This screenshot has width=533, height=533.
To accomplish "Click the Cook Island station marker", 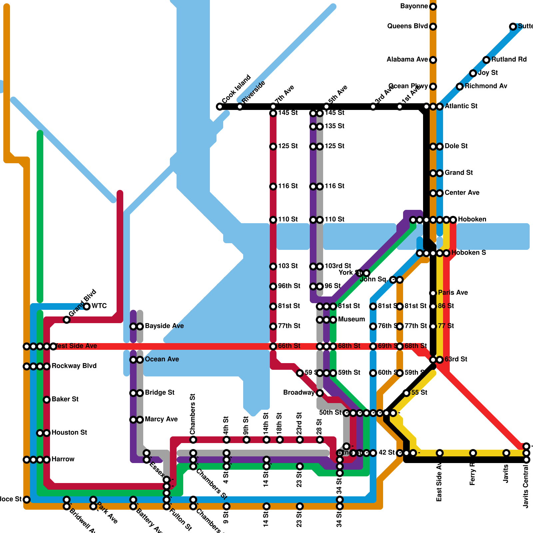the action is click(x=220, y=107).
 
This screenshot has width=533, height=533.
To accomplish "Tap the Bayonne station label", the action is click(x=414, y=6).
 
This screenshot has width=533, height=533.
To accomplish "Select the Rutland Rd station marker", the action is click(x=486, y=60).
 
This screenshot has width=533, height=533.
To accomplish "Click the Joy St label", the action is click(x=488, y=73).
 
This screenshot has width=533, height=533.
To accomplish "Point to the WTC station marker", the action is click(x=87, y=306).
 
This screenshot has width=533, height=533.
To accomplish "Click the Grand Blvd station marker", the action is click(x=67, y=320).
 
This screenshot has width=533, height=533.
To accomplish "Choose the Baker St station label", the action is click(x=65, y=399).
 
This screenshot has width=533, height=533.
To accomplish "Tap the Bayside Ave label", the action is click(x=164, y=326).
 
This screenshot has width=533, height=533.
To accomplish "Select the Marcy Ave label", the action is click(x=161, y=419).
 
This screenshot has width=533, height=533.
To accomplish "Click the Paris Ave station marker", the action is click(x=433, y=293).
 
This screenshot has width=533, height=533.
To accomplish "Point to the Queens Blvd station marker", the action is click(x=433, y=27).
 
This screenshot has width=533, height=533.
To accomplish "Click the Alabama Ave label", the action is click(x=407, y=60).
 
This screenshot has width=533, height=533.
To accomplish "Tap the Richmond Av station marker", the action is click(x=460, y=87).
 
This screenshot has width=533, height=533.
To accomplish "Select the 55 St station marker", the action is click(x=406, y=393).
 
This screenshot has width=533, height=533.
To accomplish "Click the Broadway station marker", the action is click(x=320, y=393).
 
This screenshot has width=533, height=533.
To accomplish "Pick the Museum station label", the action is click(x=351, y=319).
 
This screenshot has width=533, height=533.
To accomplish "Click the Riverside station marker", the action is click(x=240, y=107).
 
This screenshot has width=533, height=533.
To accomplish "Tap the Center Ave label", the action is click(x=462, y=193).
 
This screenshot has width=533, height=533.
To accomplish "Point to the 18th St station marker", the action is click(x=280, y=440).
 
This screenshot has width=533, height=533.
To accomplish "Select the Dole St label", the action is click(x=456, y=146).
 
